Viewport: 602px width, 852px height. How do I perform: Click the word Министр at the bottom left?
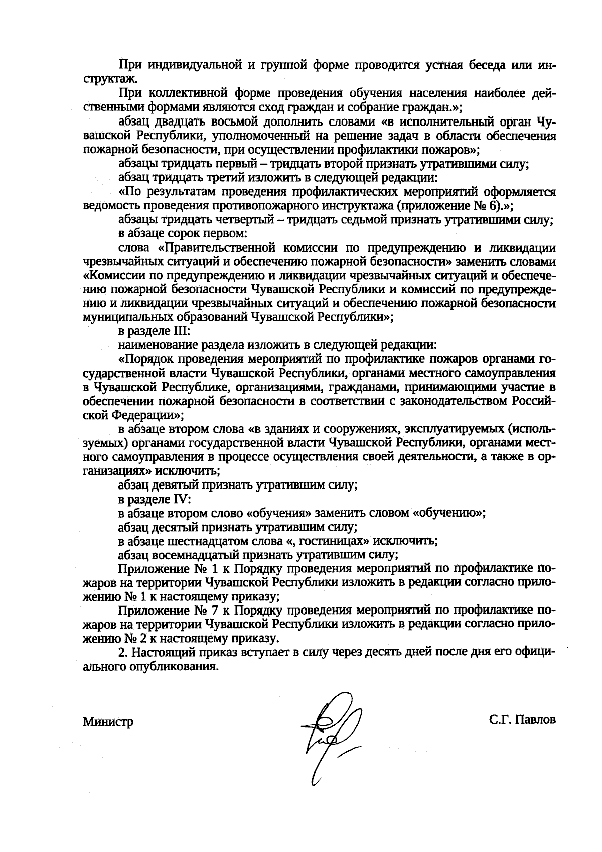pos(108,722)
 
